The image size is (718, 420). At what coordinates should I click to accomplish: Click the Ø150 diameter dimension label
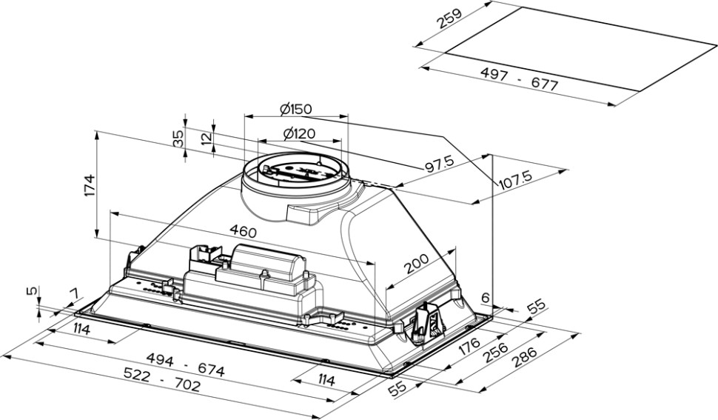[296, 109]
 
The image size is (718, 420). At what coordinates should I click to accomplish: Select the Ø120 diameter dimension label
[299, 134]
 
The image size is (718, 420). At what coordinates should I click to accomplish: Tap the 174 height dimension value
[89, 185]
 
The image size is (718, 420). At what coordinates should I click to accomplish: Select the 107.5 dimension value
[517, 179]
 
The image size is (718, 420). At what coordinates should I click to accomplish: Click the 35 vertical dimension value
[178, 139]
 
